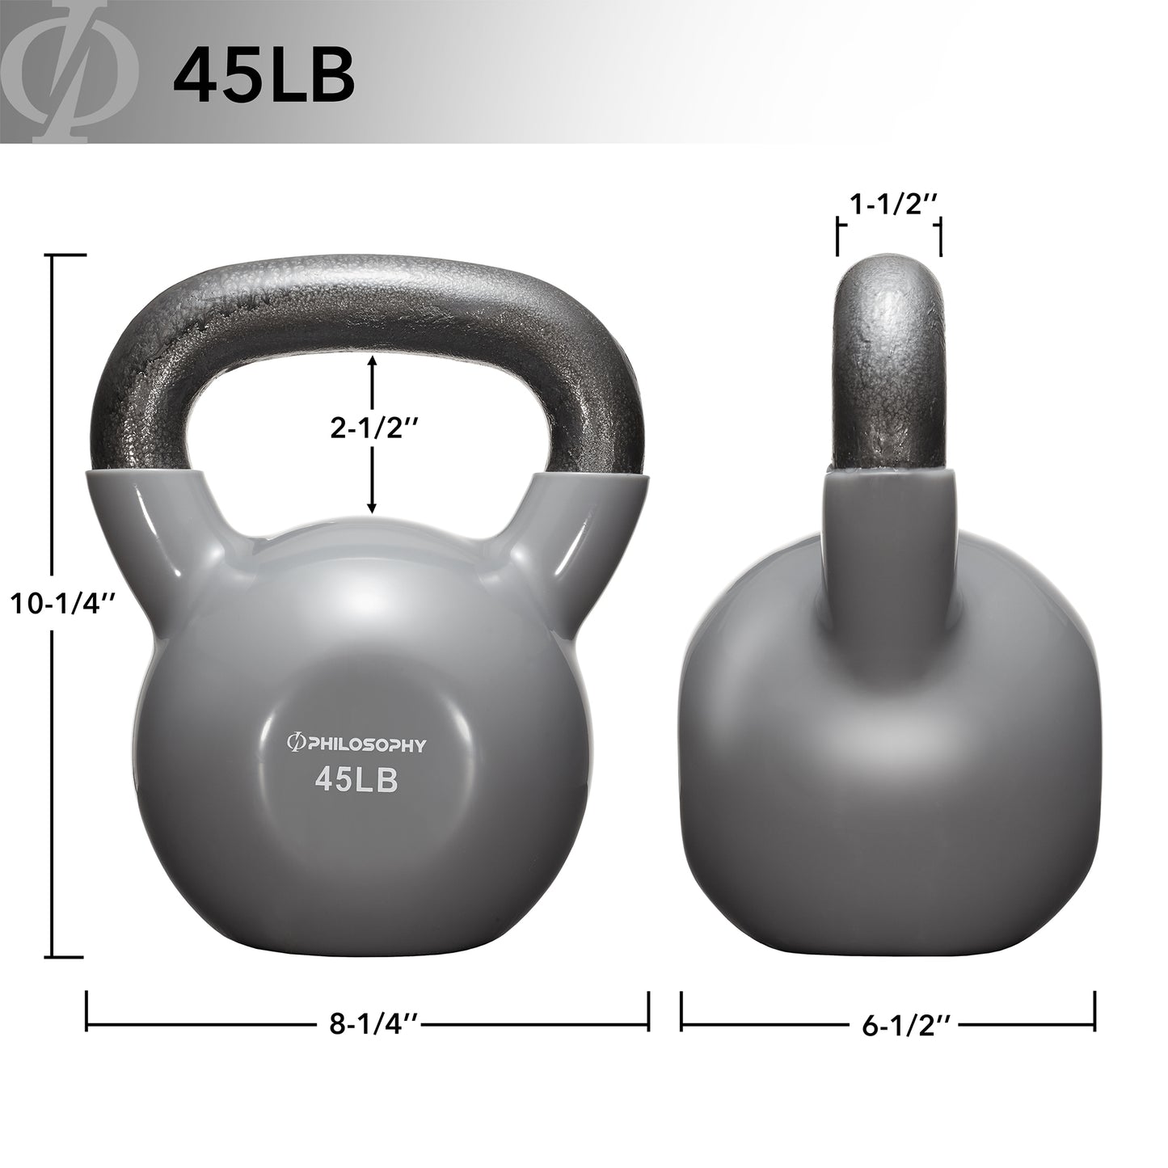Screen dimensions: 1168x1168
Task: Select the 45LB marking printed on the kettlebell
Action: point(356,781)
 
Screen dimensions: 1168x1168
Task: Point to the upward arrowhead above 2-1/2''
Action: point(372,361)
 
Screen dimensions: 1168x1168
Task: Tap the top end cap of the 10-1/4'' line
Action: point(70,255)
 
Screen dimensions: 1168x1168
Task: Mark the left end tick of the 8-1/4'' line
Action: point(87,1010)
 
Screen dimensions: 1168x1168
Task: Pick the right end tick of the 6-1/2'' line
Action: point(1095,1010)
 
